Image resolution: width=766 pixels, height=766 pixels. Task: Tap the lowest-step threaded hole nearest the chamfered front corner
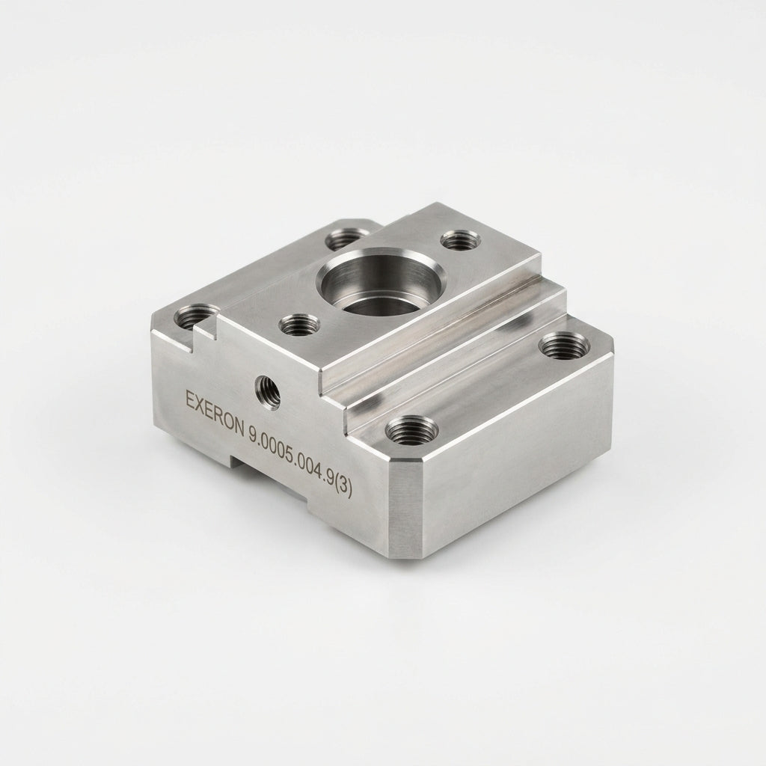412,430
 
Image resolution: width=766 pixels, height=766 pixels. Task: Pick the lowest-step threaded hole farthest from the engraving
564,346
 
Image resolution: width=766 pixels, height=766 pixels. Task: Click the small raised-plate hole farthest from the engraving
461,240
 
